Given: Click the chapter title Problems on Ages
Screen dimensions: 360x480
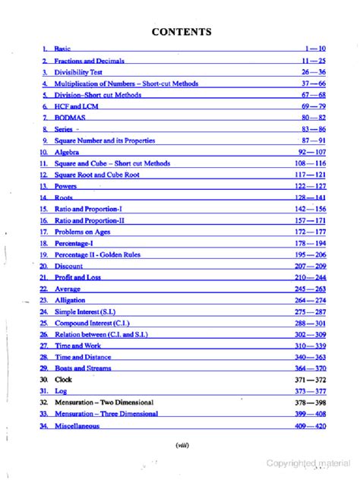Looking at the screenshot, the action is [84, 231].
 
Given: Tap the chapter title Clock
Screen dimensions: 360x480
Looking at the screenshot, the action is [63, 379].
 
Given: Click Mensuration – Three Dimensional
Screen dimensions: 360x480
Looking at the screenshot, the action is [106, 414].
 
